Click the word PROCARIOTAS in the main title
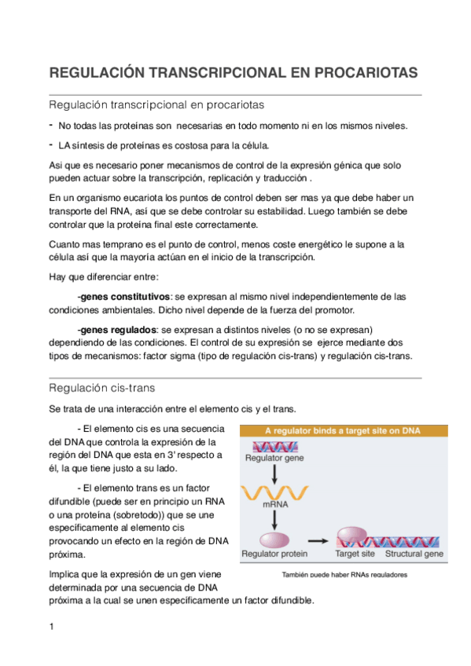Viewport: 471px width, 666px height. click(366, 74)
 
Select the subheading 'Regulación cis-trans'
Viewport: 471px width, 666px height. click(101, 388)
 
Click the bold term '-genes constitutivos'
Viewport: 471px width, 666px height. click(123, 297)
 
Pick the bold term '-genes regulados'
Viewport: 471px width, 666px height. click(116, 329)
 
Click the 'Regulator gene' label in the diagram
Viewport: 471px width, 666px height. click(274, 458)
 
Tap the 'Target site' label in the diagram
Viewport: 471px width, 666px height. click(354, 554)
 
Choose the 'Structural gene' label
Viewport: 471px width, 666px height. click(414, 554)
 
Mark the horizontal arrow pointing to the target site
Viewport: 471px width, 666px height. click(317, 540)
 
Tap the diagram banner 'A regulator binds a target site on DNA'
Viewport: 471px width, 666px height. click(343, 430)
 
